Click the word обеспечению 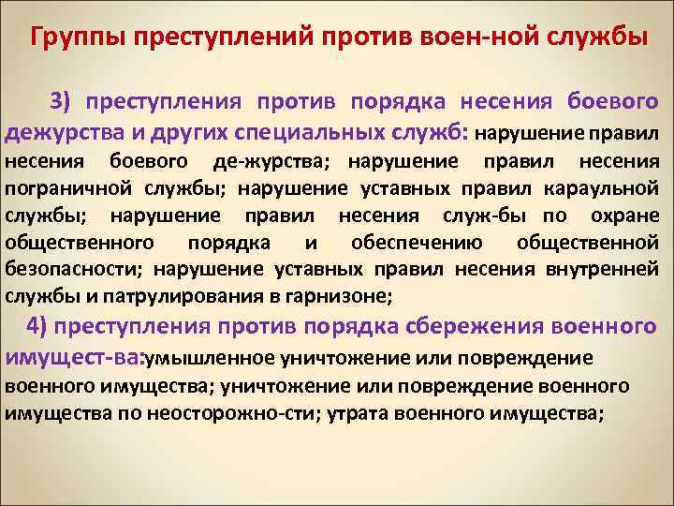pos(418,244)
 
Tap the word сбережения pos(476,327)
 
